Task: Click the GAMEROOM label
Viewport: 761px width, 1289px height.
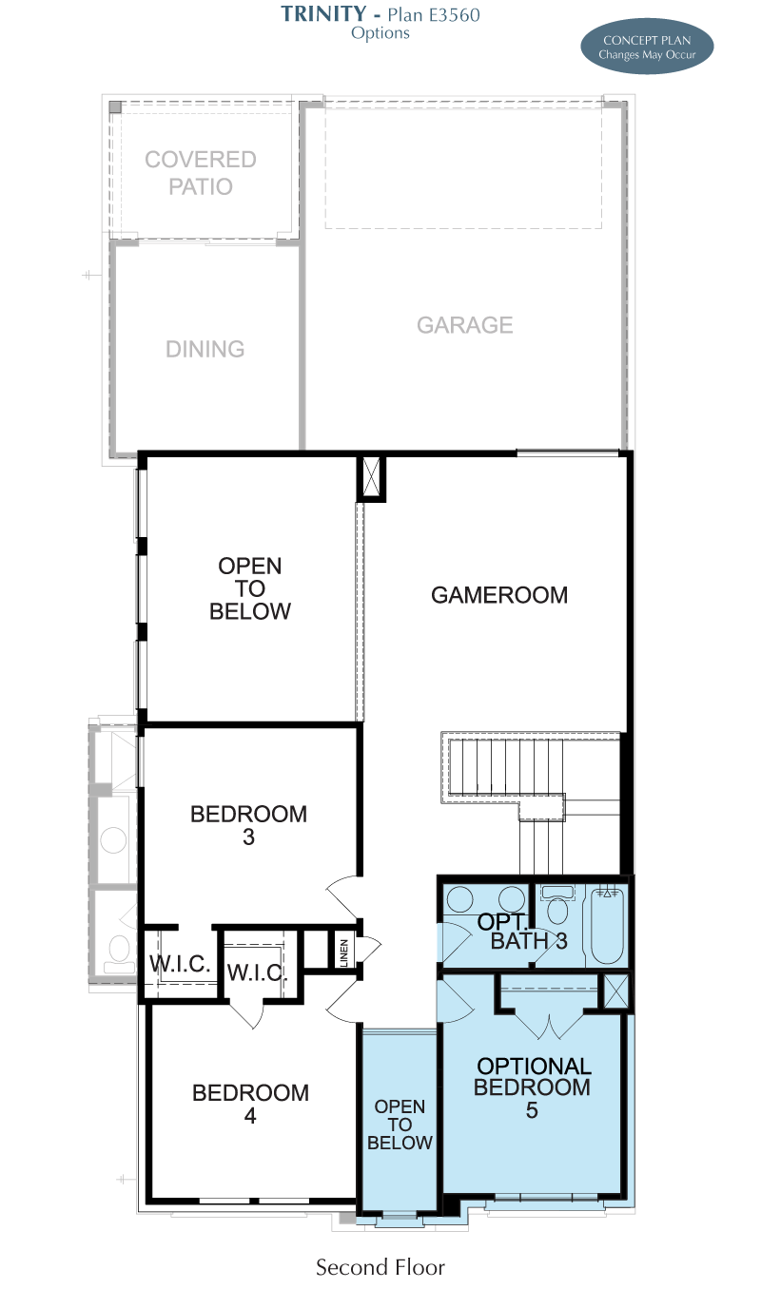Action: tap(499, 595)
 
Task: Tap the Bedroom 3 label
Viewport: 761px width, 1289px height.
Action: tap(248, 825)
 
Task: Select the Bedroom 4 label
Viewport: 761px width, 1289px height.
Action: tap(250, 1104)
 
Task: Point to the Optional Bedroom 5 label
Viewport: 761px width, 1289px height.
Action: tap(533, 1087)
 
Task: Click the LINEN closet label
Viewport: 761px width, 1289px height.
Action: tap(344, 952)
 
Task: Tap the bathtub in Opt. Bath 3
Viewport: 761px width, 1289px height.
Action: tap(607, 926)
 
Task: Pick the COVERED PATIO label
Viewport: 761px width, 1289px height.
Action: tap(201, 173)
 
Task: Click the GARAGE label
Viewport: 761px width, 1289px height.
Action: tap(464, 325)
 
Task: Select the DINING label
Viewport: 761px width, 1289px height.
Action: tap(205, 349)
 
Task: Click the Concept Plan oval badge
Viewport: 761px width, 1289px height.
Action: tap(647, 47)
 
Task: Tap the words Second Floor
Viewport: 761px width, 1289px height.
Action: tap(380, 1267)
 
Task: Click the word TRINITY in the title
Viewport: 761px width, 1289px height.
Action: tap(323, 13)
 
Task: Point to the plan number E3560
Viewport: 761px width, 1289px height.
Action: tap(454, 14)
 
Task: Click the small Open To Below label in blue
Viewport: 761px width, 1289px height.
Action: tap(400, 1125)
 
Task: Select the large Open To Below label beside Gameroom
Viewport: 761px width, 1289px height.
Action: tap(250, 588)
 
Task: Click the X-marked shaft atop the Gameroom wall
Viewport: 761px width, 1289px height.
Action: tap(371, 478)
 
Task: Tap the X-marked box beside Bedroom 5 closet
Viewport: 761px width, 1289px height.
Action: tap(616, 991)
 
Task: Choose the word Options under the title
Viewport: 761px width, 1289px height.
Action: tap(380, 33)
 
